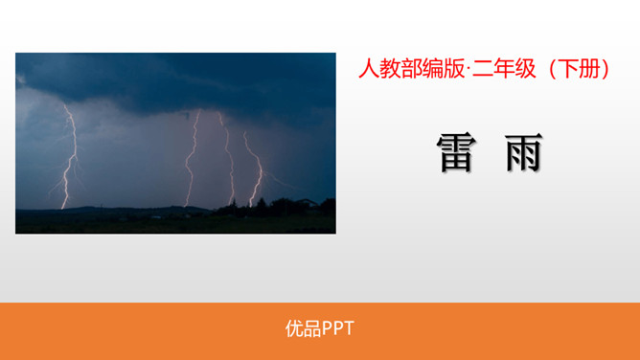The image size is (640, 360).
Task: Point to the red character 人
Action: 367,69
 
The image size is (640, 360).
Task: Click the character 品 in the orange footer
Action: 311,328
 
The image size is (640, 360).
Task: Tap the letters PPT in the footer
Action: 337,328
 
